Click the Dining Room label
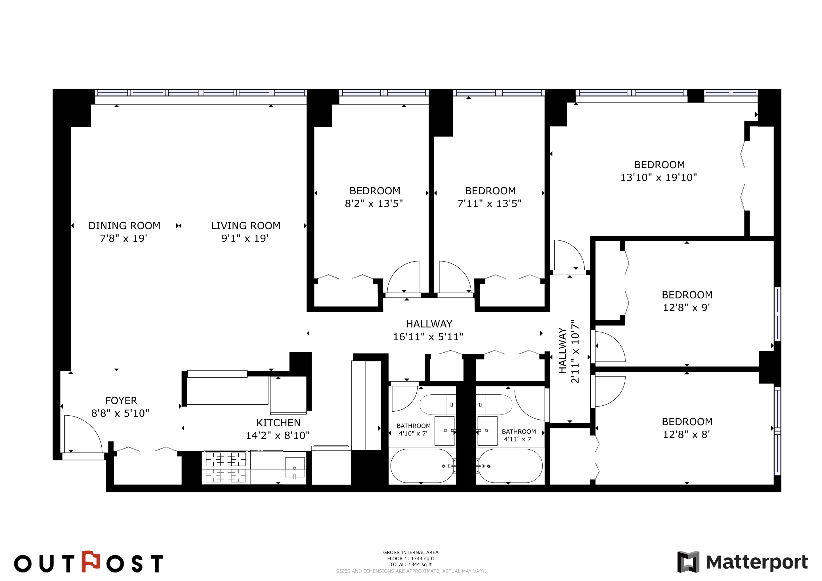click(124, 226)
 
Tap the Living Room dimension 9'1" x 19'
click(245, 238)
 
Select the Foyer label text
click(121, 401)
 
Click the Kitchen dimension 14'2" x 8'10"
click(278, 435)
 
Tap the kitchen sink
click(295, 468)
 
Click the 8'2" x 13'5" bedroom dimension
click(374, 204)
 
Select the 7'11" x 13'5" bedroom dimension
click(489, 204)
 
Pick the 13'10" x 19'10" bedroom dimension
click(659, 177)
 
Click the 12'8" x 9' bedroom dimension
click(686, 308)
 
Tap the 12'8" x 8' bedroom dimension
click(686, 434)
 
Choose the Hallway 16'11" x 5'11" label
click(429, 330)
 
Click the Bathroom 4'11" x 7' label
click(519, 435)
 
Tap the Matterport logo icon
click(688, 562)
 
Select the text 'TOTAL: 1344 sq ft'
click(411, 565)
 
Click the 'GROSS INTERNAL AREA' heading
click(411, 552)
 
